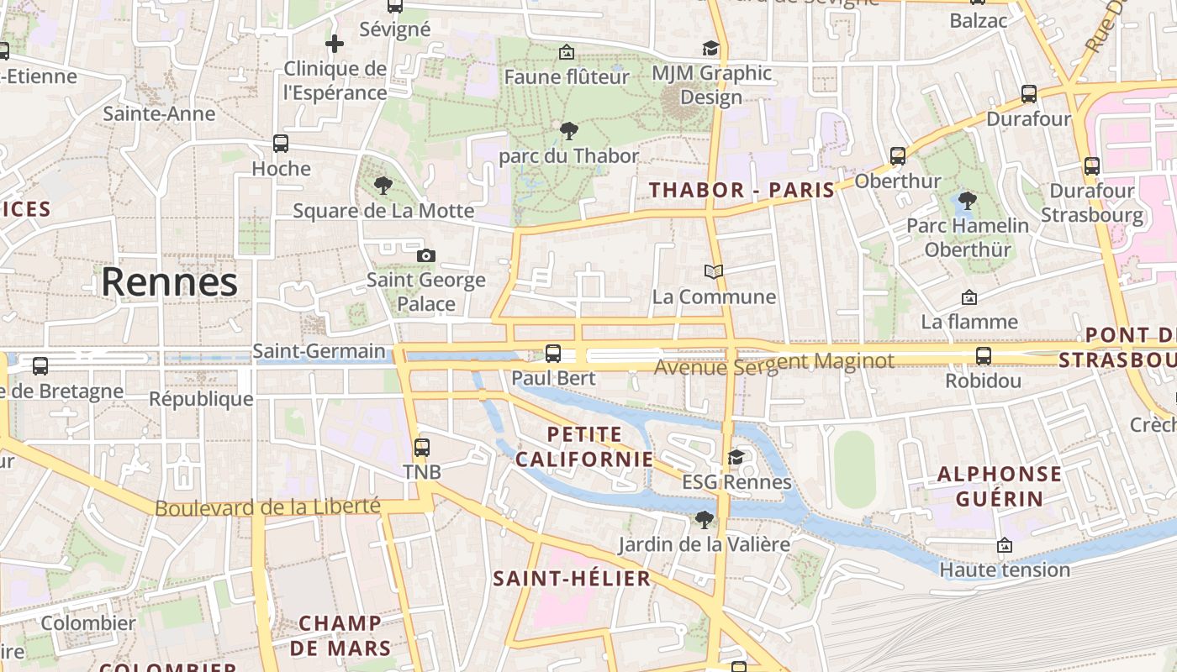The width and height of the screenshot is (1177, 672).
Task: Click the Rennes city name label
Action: [169, 283]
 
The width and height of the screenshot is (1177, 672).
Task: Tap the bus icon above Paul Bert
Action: [553, 354]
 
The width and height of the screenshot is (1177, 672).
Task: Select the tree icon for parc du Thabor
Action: [569, 131]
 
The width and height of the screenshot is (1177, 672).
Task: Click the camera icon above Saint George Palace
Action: [426, 255]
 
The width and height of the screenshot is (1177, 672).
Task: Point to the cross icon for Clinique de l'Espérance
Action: [335, 44]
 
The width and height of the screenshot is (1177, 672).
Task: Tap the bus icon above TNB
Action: [422, 448]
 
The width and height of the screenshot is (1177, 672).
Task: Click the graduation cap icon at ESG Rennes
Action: [736, 457]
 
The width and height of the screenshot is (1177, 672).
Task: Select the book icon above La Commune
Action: [714, 272]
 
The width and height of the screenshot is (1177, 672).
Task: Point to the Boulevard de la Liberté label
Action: [267, 507]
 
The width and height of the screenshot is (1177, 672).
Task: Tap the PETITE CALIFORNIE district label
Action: [584, 447]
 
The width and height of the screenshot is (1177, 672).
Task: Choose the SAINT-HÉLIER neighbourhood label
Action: [572, 578]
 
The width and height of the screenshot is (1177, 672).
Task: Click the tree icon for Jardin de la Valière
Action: [705, 520]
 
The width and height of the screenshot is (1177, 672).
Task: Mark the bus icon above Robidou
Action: [984, 356]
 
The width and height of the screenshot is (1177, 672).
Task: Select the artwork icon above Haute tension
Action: [1004, 546]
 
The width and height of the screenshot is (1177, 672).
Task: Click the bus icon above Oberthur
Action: [898, 156]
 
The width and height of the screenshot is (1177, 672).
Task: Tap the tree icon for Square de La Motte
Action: [383, 186]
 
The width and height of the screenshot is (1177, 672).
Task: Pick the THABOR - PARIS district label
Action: [742, 190]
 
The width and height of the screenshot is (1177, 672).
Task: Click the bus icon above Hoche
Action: [281, 144]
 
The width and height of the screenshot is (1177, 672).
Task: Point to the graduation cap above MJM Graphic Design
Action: [711, 49]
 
